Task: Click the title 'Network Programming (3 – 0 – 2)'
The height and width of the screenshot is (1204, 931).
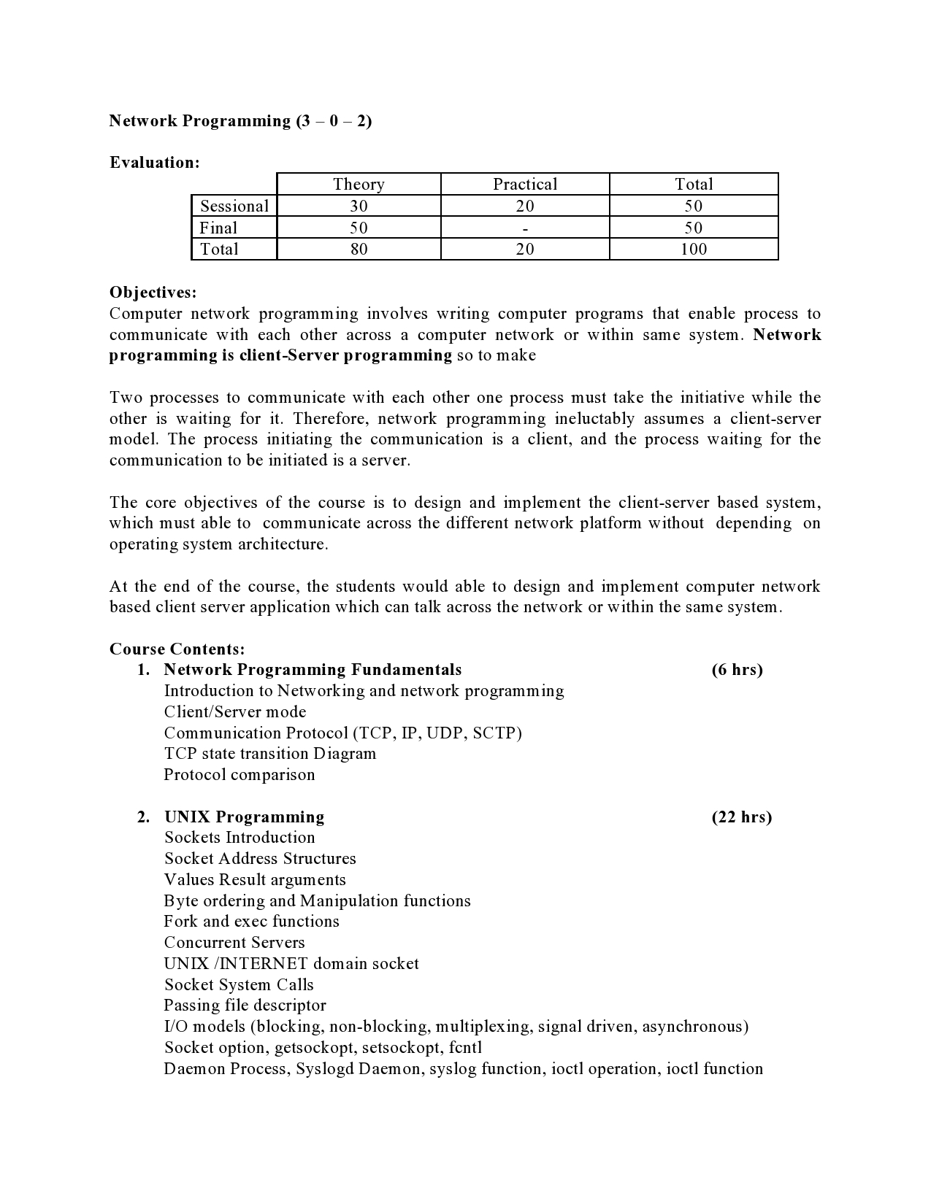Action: tap(240, 121)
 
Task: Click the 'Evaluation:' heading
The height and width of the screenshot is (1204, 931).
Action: tap(154, 163)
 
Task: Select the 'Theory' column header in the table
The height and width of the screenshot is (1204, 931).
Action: tap(359, 185)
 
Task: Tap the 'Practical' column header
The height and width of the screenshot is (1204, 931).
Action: tap(524, 185)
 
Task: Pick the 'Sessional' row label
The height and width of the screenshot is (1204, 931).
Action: tap(234, 207)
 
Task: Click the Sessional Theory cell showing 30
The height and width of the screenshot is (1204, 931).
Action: tap(359, 207)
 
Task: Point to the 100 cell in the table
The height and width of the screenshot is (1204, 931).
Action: tap(693, 250)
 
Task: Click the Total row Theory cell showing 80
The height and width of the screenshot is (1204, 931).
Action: tap(359, 250)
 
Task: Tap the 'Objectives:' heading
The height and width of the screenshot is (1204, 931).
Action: tap(153, 293)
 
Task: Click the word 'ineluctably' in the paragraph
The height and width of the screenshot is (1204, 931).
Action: tap(595, 419)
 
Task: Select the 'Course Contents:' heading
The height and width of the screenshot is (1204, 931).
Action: tap(177, 649)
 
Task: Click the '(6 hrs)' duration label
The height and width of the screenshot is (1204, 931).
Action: tap(737, 670)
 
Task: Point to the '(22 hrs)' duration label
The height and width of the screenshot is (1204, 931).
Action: tap(741, 817)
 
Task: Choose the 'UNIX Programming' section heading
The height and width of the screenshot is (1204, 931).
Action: tap(244, 817)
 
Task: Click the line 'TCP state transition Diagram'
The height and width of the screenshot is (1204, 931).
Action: tap(269, 754)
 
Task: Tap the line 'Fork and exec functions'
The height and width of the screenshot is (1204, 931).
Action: tap(251, 922)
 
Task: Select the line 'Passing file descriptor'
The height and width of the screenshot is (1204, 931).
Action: tap(245, 1006)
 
